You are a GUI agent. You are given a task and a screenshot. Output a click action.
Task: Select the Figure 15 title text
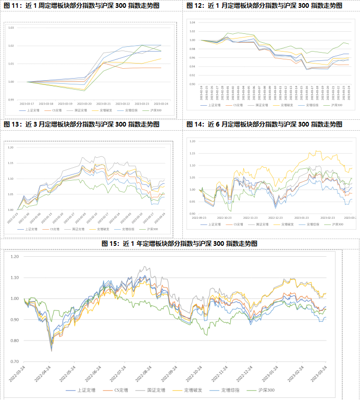(179, 243)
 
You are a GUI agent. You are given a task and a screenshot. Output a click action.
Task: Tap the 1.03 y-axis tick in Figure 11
(11, 28)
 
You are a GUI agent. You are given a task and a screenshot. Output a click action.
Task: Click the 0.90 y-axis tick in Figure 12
(192, 84)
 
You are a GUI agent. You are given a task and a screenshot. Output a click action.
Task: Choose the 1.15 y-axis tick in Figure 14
(192, 153)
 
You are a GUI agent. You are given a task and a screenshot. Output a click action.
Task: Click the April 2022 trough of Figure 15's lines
(51, 351)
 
